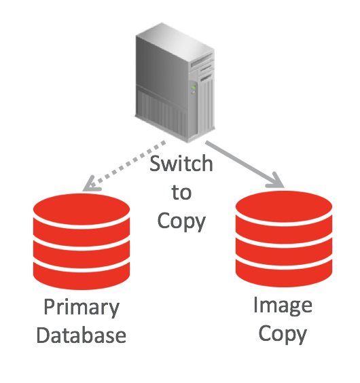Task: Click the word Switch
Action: (x=181, y=163)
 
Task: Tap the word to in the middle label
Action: (x=181, y=192)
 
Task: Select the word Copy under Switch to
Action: (x=181, y=221)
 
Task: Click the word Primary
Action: (x=82, y=308)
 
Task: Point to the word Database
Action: (x=82, y=335)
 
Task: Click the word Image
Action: (x=283, y=306)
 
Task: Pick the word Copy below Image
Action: (x=283, y=333)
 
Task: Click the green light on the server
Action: (x=194, y=87)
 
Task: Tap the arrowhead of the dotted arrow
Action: (x=91, y=185)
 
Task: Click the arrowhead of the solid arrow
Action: (x=276, y=181)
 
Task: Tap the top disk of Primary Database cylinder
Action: (x=82, y=211)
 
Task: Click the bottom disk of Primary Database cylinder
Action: (x=82, y=276)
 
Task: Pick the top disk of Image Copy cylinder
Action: (x=284, y=208)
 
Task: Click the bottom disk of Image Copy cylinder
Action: (x=284, y=274)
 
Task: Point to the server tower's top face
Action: (x=175, y=42)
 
